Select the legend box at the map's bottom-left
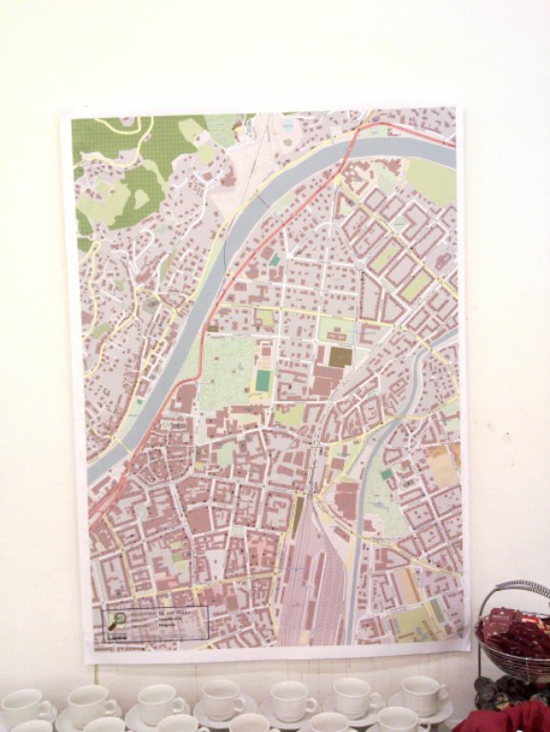[x=155, y=622]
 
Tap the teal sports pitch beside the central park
[x=262, y=380]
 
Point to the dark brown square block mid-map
[x=340, y=356]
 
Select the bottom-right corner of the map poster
[x=469, y=650]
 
